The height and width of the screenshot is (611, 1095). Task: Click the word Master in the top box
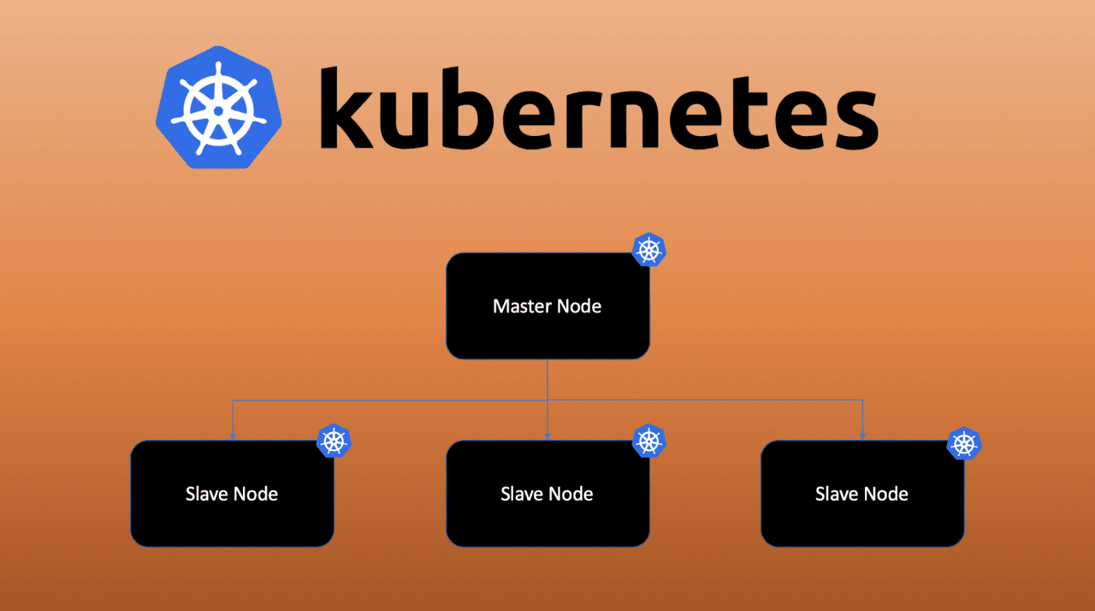[522, 305]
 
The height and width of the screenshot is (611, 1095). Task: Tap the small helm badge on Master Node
[648, 251]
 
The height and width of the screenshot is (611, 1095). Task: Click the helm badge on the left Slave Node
[334, 442]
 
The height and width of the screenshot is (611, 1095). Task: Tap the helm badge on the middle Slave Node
[648, 442]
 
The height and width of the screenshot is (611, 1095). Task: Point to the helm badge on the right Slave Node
[964, 443]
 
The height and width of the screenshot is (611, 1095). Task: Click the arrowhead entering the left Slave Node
[233, 436]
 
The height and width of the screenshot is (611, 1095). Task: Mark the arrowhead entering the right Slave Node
[862, 436]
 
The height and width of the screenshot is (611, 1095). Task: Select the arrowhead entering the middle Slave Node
[547, 436]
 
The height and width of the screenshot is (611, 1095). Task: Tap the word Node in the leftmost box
[256, 494]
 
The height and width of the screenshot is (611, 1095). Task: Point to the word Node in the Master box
[578, 305]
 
